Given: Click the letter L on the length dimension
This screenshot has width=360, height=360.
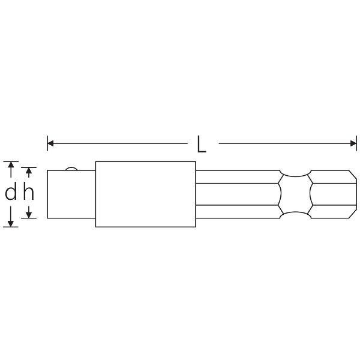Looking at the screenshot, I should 202,144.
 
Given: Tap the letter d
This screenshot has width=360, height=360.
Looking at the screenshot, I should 10,193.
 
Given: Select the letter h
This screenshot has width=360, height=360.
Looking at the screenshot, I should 28,193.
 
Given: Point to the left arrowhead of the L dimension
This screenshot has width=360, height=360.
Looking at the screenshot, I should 51,143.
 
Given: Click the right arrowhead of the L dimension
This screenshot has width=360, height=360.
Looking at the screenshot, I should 353,143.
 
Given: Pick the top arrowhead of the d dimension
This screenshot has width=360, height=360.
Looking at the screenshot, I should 10,164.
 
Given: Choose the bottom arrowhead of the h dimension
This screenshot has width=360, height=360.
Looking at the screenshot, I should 28,215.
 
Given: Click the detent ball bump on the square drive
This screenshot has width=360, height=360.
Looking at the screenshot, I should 71,169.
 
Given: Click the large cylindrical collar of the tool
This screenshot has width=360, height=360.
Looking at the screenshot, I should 145,194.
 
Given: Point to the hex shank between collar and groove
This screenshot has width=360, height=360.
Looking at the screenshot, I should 237,194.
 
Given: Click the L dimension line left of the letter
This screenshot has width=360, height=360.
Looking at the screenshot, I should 120,143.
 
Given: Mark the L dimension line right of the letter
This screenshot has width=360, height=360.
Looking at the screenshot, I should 282,143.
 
